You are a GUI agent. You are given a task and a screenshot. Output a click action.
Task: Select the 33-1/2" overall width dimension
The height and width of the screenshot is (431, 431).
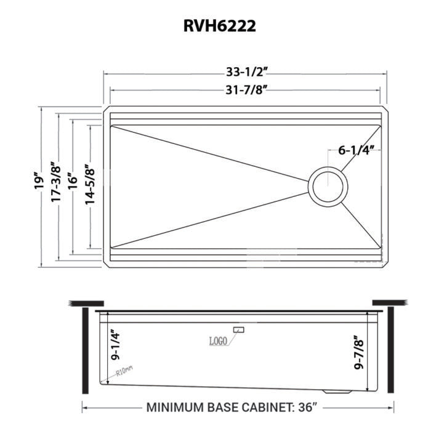click(246, 71)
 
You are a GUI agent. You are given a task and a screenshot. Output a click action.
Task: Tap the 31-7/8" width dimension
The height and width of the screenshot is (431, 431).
click(246, 91)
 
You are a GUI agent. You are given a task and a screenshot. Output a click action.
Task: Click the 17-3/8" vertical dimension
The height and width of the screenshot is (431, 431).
click(57, 182)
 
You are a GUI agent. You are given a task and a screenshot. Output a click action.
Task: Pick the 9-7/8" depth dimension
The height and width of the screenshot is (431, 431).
click(360, 352)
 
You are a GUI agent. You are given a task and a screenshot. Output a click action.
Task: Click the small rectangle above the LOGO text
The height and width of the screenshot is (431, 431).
click(239, 331)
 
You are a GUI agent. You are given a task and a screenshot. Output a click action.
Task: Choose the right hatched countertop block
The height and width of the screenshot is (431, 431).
click(391, 302)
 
